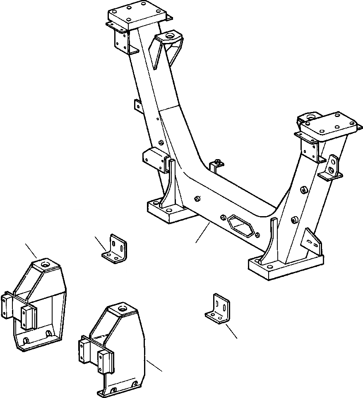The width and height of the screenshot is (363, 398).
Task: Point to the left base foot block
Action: (x=169, y=212)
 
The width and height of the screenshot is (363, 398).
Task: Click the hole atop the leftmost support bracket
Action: (x=45, y=263)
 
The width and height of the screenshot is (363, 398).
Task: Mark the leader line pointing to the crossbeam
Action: (x=203, y=232)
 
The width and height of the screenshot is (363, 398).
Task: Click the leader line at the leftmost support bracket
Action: (x=31, y=250)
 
